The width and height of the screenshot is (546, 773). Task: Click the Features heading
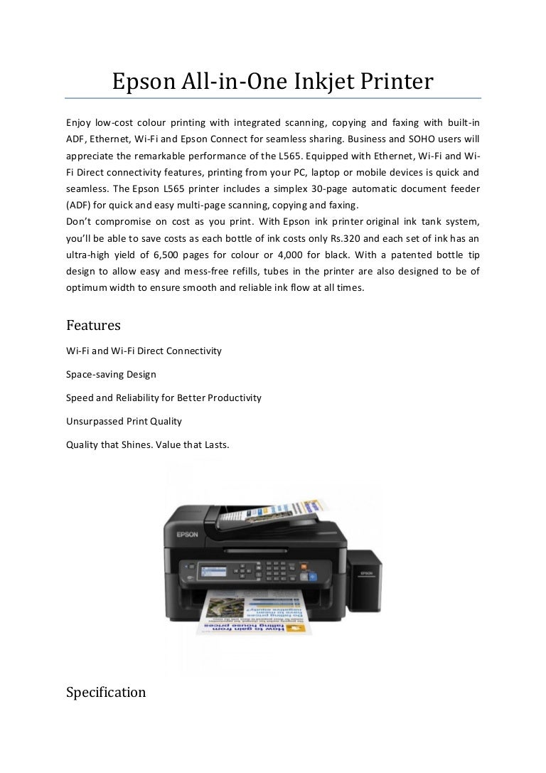93,325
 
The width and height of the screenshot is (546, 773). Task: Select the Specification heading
106,692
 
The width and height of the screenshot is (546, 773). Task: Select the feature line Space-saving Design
111,374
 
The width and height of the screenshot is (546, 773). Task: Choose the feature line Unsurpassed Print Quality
124,421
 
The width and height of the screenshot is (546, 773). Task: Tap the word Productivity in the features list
235,398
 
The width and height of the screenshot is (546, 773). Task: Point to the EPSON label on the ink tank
367,572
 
